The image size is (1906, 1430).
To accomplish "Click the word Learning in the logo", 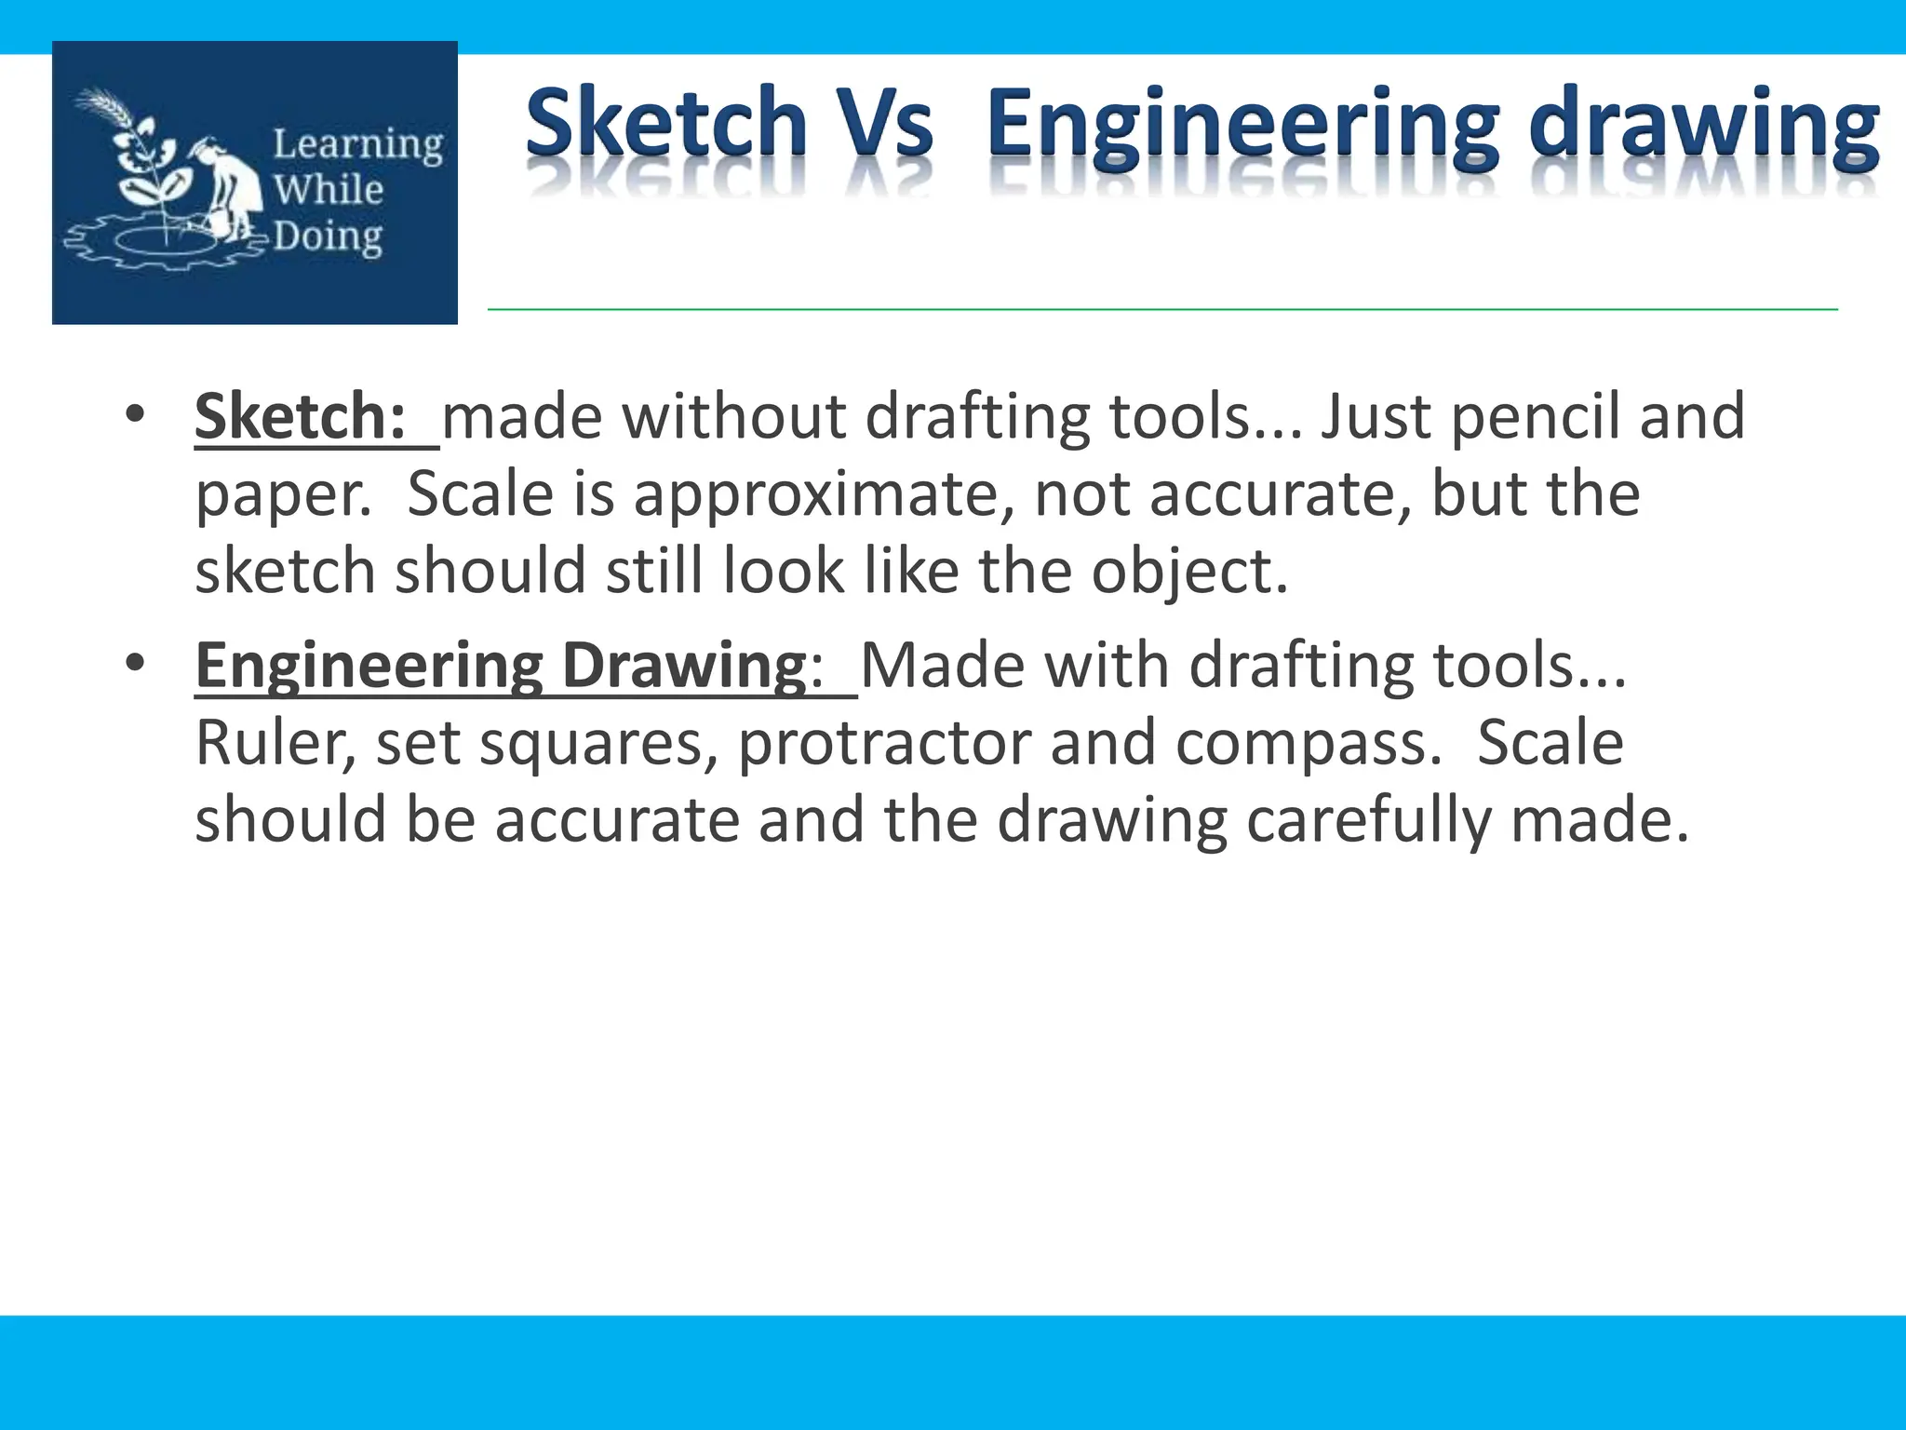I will (x=357, y=145).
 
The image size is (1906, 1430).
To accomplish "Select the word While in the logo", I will (x=328, y=190).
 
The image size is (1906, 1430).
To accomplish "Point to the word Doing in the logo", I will (x=327, y=237).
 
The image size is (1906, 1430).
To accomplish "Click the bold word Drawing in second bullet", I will (x=684, y=667).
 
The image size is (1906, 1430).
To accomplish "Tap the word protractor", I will (x=883, y=743).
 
